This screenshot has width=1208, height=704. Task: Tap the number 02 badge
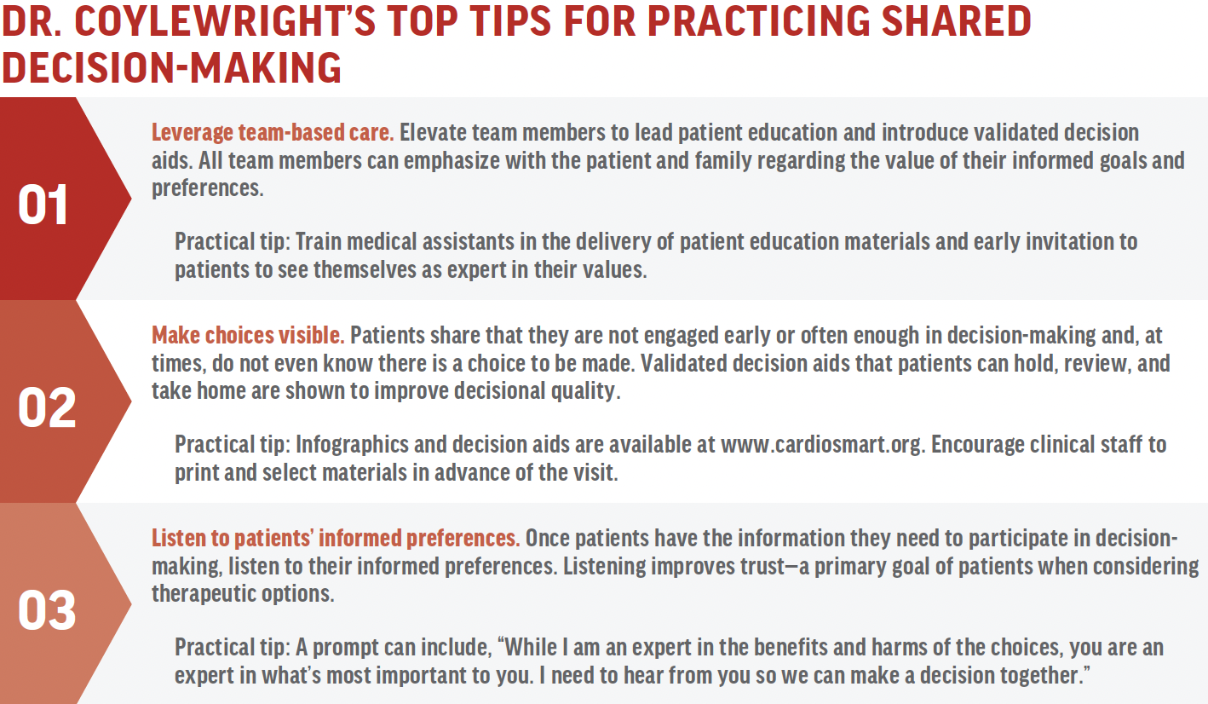[x=47, y=408]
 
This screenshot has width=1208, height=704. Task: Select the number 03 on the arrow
[x=47, y=611]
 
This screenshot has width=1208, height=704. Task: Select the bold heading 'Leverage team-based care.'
[x=273, y=134]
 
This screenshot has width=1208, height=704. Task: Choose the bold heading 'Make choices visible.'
[x=248, y=336]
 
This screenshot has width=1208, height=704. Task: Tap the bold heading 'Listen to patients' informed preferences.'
[x=336, y=539]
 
